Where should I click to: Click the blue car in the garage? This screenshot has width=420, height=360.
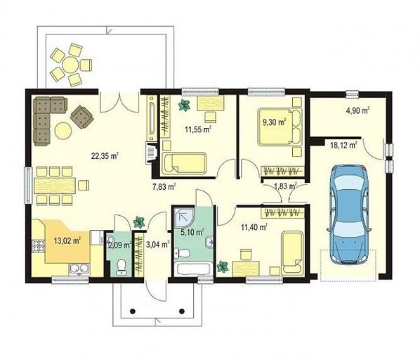point(349,214)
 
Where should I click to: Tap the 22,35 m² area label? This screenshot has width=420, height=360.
point(105,156)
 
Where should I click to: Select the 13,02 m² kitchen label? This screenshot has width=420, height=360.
point(67,240)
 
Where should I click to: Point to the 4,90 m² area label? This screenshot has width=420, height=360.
point(358,110)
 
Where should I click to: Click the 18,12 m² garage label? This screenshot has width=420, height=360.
point(344,146)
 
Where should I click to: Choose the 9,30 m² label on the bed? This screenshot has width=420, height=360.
point(274,122)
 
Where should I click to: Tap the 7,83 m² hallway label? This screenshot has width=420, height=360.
point(164,186)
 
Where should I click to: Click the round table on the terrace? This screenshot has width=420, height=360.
point(71,65)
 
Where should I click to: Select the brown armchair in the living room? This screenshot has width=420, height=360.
point(82,117)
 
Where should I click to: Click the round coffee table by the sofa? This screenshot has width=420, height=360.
point(63,131)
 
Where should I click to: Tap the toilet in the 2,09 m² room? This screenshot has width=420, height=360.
point(122,267)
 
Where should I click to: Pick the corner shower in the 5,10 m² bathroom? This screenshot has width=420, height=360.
point(184,217)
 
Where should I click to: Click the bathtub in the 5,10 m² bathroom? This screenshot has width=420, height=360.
point(193,269)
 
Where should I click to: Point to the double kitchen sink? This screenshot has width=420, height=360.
point(79,269)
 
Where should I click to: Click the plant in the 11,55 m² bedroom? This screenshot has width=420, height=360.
point(184,105)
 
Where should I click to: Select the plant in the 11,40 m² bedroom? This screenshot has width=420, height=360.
point(223,266)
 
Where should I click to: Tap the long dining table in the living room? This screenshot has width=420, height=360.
point(55,186)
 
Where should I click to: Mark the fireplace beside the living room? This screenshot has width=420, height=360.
point(151,153)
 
